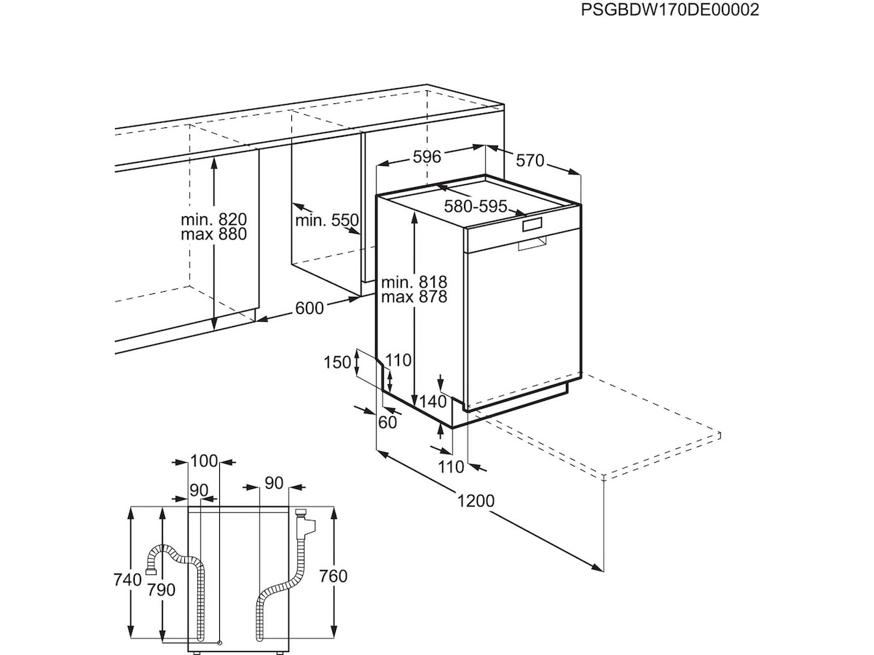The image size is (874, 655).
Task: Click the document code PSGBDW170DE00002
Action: click(x=670, y=9)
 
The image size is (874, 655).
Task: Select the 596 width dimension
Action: click(x=427, y=156)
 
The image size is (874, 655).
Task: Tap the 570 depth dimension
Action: click(x=529, y=160)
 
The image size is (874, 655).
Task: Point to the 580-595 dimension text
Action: click(x=476, y=206)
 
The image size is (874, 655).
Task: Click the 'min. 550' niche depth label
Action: click(x=327, y=220)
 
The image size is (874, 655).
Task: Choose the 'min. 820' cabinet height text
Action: click(x=214, y=219)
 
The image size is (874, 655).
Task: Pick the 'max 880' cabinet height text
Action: click(x=214, y=234)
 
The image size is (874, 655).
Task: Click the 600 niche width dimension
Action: click(x=310, y=308)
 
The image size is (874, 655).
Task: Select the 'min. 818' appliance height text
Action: click(x=414, y=282)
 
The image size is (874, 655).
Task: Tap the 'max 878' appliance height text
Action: click(x=414, y=297)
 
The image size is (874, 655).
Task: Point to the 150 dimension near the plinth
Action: click(x=337, y=362)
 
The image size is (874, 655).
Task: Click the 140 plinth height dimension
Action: click(x=433, y=402)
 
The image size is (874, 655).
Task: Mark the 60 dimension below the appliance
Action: click(x=387, y=422)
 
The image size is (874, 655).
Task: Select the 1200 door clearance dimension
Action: click(x=476, y=501)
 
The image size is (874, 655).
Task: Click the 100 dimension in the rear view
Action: click(x=204, y=461)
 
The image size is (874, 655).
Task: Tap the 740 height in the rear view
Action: click(x=127, y=580)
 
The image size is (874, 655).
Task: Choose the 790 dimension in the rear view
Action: click(x=161, y=589)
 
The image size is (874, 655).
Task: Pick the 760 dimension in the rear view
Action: click(x=334, y=576)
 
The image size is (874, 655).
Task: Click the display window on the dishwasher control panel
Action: click(x=532, y=225)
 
